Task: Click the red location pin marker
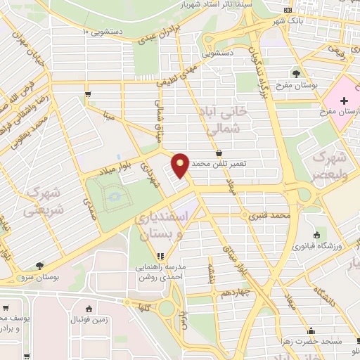(181, 165)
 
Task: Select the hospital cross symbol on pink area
(343, 101)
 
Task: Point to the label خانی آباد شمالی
(226, 120)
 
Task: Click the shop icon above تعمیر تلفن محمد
(219, 152)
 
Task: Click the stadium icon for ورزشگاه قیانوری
(316, 235)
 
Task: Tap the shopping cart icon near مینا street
(87, 94)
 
